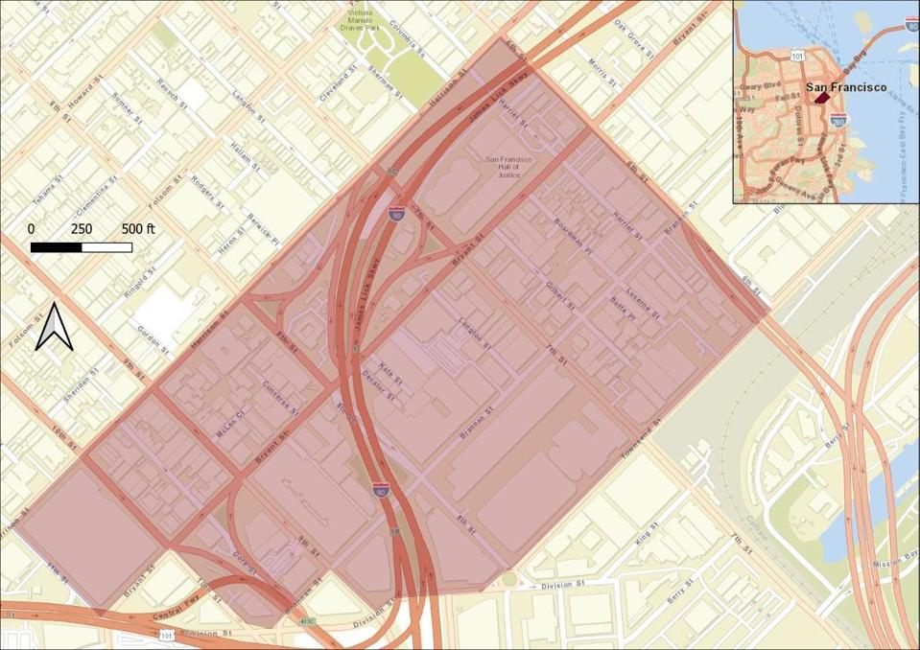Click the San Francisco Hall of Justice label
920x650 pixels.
click(x=507, y=168)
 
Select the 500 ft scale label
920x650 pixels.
click(x=137, y=229)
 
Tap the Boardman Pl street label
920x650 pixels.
click(x=575, y=235)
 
